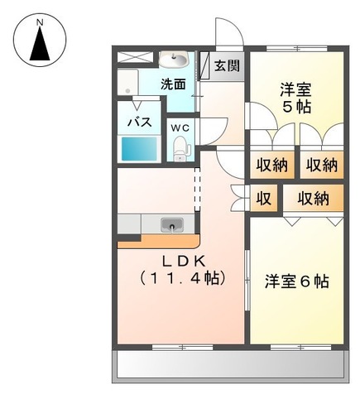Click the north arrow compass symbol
click(39, 43)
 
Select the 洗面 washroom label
click(173, 83)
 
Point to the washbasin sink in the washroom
click(174, 60)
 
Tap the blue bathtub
click(140, 149)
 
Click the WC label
click(180, 127)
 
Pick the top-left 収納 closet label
click(271, 164)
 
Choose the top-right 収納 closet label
click(320, 164)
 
